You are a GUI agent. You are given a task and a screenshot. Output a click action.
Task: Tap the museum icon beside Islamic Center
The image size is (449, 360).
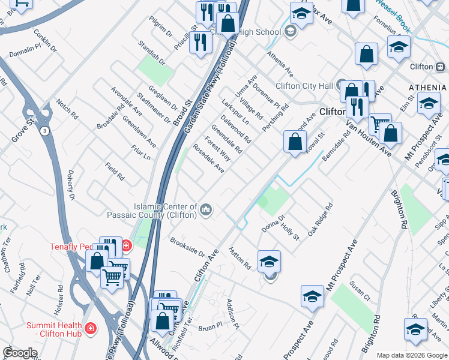point(206,209)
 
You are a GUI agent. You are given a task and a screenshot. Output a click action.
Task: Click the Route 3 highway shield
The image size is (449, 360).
point(44,130)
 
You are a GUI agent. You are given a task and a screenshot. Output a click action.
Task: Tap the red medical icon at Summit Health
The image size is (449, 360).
point(90,329)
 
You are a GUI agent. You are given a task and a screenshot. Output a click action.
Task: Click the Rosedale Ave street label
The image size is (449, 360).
point(208,159)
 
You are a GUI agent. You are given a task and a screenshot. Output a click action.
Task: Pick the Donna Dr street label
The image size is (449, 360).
point(272,224)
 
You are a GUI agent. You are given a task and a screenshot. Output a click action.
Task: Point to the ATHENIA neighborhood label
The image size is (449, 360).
point(427,88)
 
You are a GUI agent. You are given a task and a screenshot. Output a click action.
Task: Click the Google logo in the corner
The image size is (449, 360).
point(20,353)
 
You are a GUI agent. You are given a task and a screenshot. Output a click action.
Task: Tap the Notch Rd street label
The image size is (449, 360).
point(67,108)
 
